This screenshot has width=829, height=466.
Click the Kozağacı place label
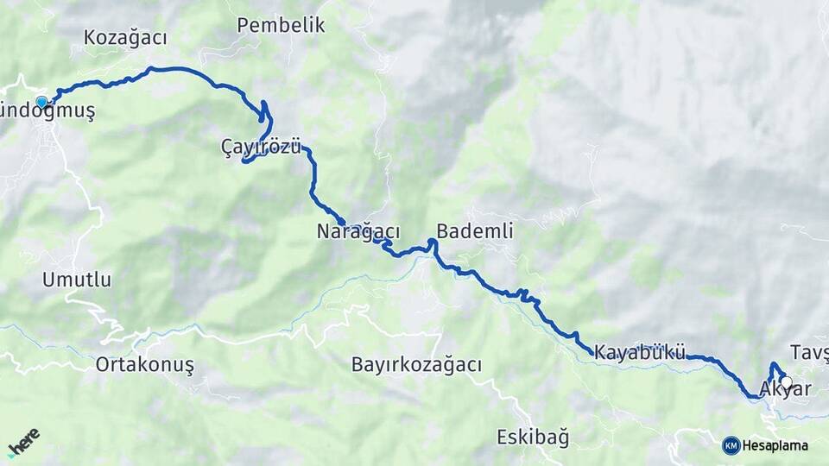[125, 37]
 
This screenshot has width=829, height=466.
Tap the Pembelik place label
[281, 25]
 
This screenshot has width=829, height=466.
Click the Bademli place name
[475, 231]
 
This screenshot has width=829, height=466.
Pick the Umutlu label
[77, 280]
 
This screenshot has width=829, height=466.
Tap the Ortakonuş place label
[144, 365]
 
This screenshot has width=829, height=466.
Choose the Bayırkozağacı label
[416, 365]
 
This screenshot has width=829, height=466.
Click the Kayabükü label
[640, 352]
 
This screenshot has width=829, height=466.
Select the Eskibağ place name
[533, 438]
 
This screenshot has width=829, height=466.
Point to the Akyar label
[786, 390]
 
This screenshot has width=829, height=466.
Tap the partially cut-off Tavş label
[809, 352]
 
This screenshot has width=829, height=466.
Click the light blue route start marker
[41, 102]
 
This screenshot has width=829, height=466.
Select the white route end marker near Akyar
[786, 381]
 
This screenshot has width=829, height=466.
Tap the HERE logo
[23, 442]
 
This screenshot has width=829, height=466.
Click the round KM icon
[731, 445]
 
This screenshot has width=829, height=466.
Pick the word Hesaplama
[775, 446]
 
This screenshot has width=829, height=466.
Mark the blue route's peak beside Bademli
[432, 242]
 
